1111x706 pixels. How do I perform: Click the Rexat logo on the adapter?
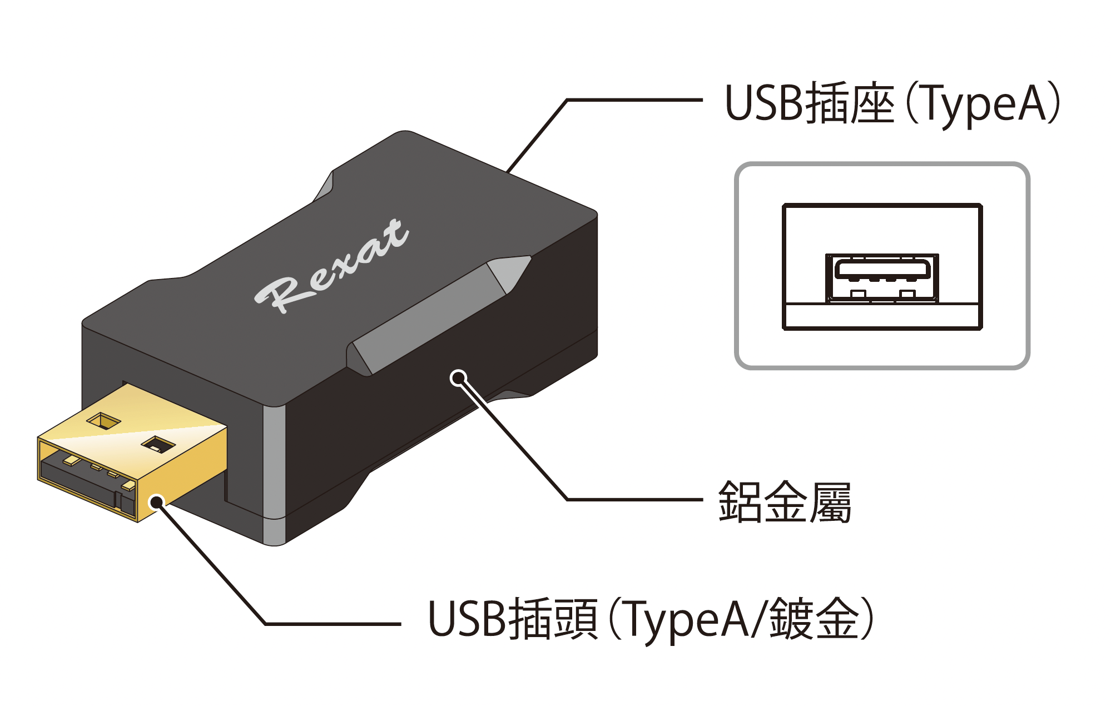332,265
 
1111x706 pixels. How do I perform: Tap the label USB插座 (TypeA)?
892,104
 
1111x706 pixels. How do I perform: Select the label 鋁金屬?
785,502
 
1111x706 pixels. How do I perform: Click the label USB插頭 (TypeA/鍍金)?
651,619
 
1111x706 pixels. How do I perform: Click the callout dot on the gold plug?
158,503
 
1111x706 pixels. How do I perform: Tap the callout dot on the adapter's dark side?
458,379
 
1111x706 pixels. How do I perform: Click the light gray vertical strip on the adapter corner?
274,473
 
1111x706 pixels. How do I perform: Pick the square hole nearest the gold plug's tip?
103,421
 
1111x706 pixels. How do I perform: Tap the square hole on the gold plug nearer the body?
158,444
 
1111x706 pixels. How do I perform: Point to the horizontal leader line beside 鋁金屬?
634,499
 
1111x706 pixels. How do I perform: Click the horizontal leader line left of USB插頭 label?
334,624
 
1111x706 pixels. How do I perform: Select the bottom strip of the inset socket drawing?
882,316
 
